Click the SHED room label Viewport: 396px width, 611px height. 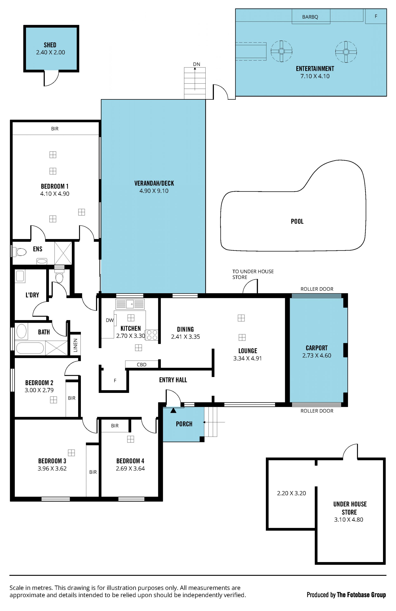[50, 45]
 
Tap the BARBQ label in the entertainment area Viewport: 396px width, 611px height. [310, 17]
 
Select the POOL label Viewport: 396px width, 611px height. [297, 221]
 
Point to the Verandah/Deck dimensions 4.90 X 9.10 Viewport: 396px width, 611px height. [154, 191]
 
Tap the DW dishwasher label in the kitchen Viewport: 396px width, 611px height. [110, 320]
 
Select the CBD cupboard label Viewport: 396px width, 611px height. [142, 365]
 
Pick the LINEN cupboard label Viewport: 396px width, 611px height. [75, 345]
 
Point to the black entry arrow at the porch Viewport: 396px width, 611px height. [173, 410]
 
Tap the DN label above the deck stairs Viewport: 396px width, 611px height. [197, 64]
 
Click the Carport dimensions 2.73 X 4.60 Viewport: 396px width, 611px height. [317, 355]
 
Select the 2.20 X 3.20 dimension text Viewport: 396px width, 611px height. [292, 493]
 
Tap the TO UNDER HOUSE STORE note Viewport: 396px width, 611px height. [253, 274]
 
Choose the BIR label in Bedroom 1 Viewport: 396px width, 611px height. [55, 129]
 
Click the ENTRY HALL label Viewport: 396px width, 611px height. [173, 380]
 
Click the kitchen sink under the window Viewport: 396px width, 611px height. [130, 304]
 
